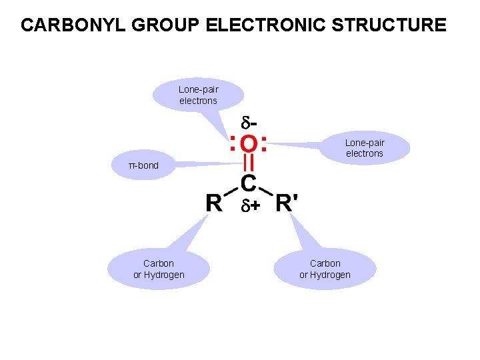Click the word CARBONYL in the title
[67, 25]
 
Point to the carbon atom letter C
[248, 182]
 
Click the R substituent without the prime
[214, 202]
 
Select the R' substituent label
[287, 202]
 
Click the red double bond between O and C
[248, 163]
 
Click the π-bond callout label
[143, 165]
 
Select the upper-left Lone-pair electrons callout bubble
[198, 95]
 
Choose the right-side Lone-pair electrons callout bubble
[364, 148]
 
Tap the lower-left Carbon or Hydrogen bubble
[159, 269]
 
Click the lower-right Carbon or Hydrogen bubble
[325, 269]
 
